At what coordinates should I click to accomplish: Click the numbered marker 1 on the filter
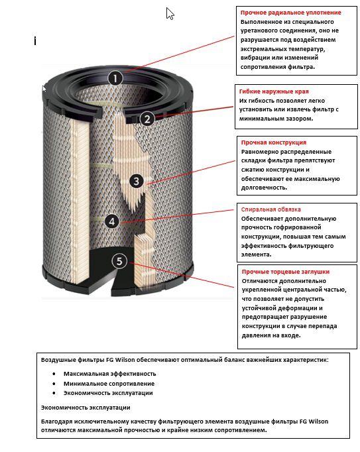(115, 78)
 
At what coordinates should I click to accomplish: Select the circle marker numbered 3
(135, 180)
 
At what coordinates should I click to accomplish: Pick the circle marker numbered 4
(113, 221)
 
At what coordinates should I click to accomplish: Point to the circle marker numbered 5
(119, 260)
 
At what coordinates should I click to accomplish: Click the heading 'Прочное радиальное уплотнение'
(290, 13)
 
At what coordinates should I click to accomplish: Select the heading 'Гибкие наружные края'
(274, 91)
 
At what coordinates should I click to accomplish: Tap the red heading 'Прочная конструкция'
(273, 142)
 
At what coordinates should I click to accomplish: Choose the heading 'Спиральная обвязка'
(270, 209)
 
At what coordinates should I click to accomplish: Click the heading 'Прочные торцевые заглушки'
(285, 272)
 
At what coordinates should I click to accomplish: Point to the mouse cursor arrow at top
(170, 13)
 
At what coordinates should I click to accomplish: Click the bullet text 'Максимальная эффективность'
(109, 374)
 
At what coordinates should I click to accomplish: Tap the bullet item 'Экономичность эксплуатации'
(108, 393)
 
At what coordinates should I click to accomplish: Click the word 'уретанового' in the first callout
(263, 30)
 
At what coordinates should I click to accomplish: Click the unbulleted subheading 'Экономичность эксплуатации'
(86, 407)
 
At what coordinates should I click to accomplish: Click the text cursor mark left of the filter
(35, 41)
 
